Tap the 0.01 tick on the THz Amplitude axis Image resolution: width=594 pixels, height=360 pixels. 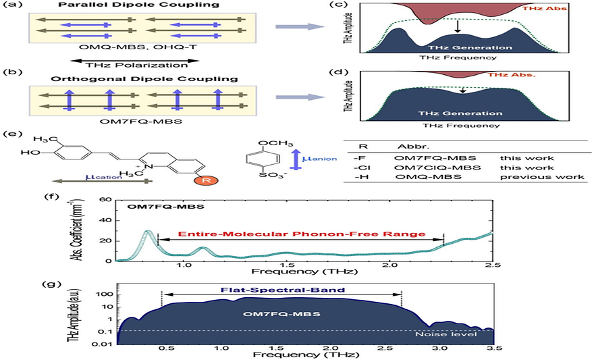click(x=102, y=344)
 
